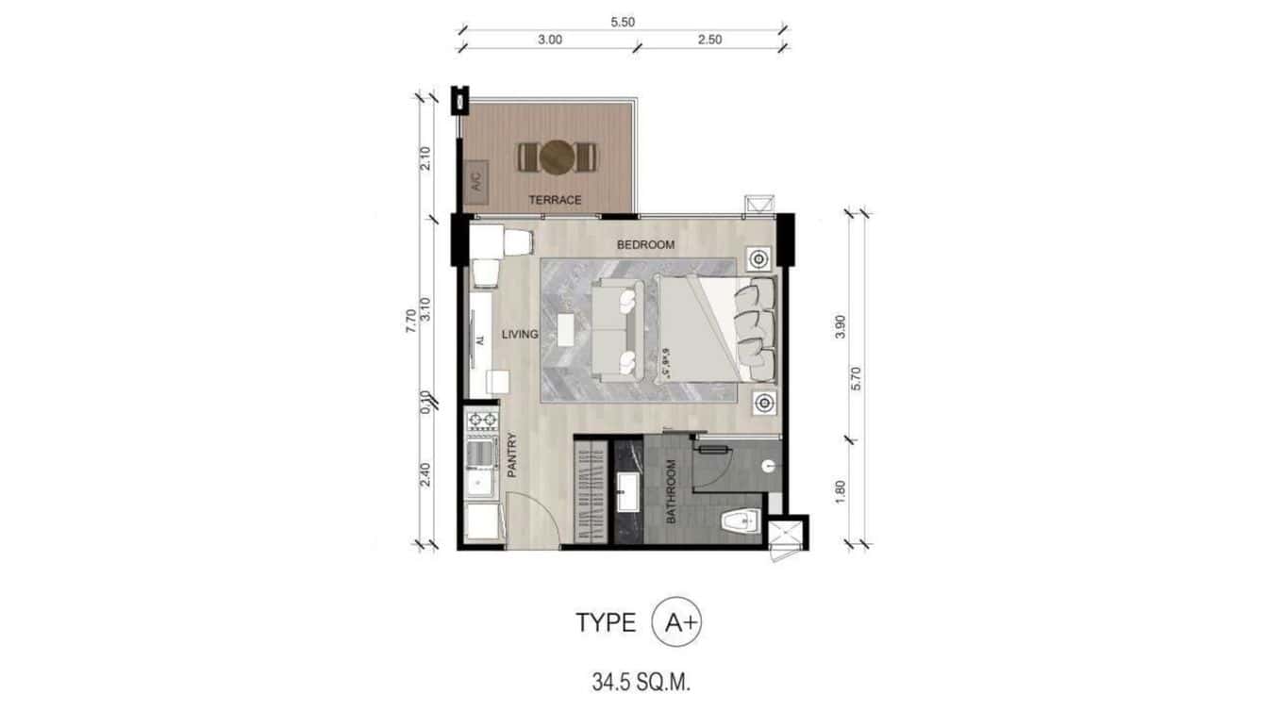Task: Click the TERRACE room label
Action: tap(555, 200)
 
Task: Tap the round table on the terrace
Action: tap(557, 157)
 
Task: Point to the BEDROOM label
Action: tap(645, 245)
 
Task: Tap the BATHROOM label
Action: tap(672, 491)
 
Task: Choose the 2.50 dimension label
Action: tap(708, 40)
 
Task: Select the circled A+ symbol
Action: tap(677, 622)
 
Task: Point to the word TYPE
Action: tap(607, 623)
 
